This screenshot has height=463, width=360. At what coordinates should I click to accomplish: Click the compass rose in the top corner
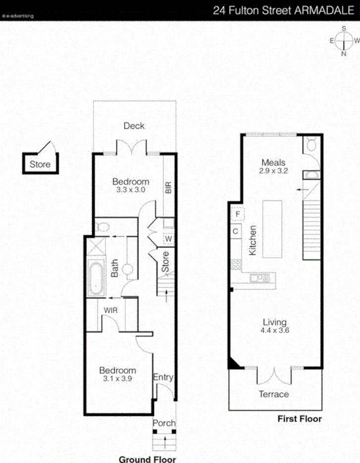click(343, 41)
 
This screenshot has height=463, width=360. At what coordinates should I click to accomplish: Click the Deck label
click(134, 126)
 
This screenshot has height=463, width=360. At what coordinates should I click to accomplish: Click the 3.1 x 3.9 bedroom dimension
click(117, 379)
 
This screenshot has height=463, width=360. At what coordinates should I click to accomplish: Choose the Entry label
click(163, 378)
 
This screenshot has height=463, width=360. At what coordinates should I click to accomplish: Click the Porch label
click(163, 423)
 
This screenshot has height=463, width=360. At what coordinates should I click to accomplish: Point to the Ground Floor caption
click(147, 459)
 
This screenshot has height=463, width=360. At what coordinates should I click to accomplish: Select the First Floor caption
click(299, 419)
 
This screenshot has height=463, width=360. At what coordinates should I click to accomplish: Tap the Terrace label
click(274, 394)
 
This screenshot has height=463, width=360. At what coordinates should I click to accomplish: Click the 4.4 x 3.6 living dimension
click(274, 330)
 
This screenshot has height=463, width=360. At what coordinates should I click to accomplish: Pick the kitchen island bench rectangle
click(273, 229)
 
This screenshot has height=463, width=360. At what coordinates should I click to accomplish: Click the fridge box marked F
click(238, 214)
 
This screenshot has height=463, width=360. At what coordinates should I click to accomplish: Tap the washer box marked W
click(169, 238)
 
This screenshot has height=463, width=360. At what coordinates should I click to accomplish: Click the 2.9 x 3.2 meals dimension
click(274, 171)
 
